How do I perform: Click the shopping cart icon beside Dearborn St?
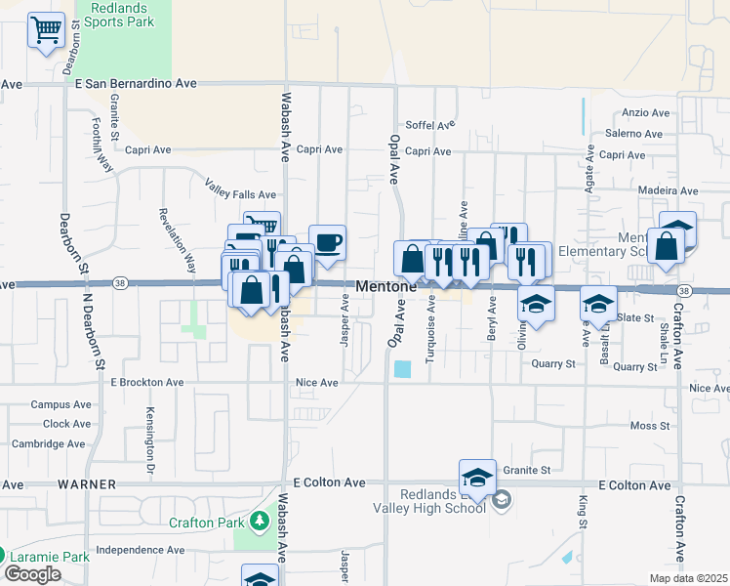point(46,31)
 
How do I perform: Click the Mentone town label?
point(386,287)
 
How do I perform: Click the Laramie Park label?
point(54,557)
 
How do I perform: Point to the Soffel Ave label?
point(430,125)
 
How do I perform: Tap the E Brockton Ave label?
point(147,383)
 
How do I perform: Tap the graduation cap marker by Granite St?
point(477,477)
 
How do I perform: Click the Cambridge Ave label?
point(48,443)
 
